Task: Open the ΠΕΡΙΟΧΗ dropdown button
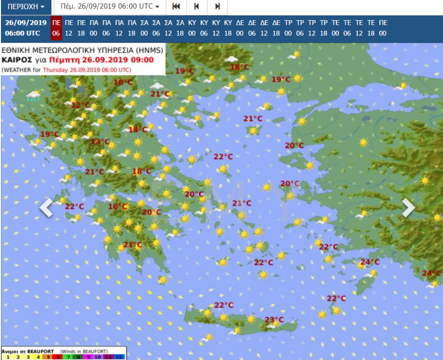(x=26, y=7)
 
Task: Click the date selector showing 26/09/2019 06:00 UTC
(x=109, y=7)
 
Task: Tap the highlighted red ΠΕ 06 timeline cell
(x=56, y=28)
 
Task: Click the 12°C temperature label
(x=80, y=105)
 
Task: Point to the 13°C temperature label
(x=100, y=141)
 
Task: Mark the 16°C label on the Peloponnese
(x=118, y=206)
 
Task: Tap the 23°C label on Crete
(x=274, y=320)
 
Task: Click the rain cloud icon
(x=34, y=96)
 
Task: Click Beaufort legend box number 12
(x=119, y=356)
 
